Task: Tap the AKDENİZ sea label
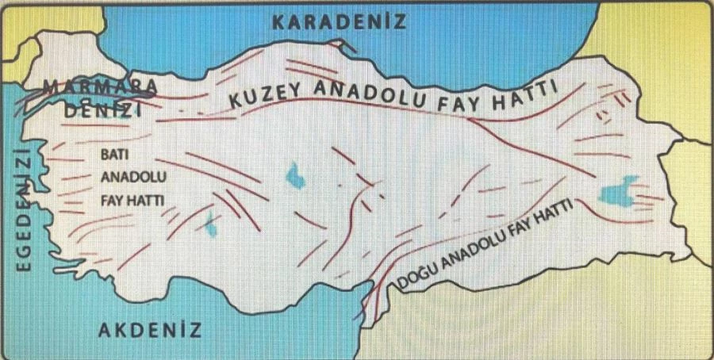point(150,330)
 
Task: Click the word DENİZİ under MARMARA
point(100,111)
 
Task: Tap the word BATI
point(116,156)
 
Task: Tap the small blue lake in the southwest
point(211,224)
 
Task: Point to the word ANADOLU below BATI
point(129,178)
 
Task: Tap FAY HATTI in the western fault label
point(132,201)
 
